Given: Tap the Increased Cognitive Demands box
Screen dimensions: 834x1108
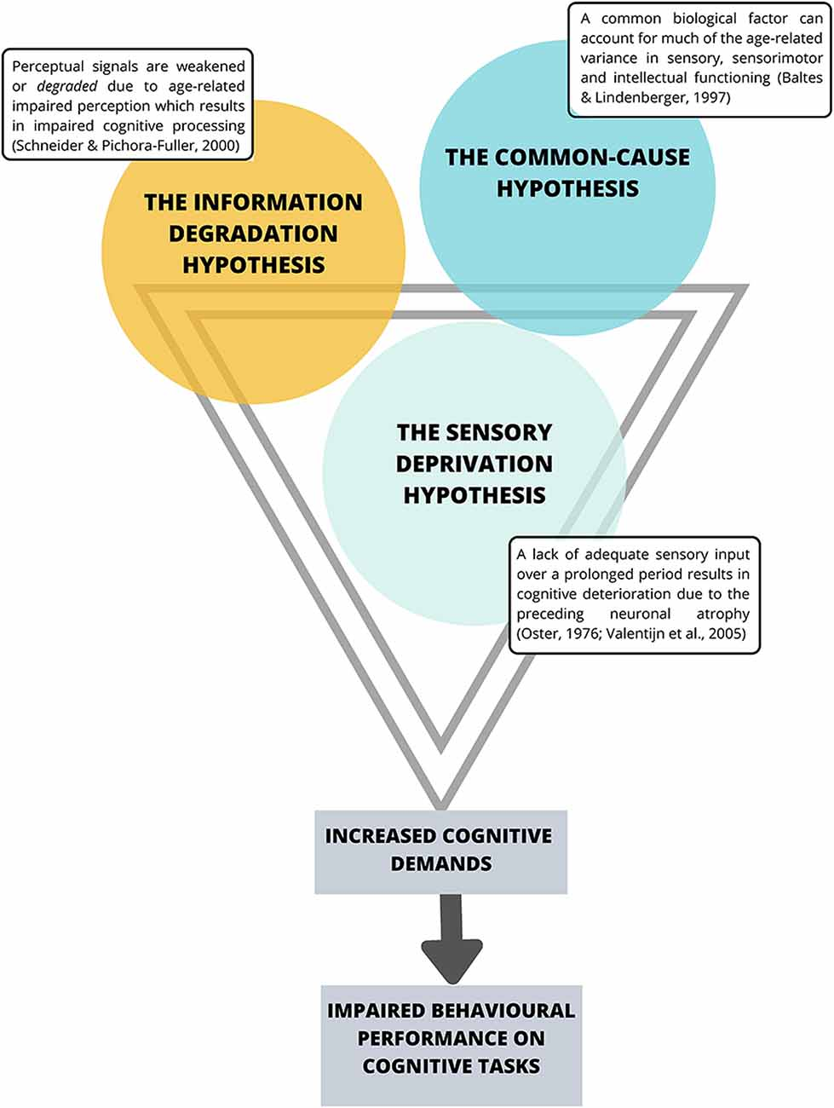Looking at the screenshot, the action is pos(441,852).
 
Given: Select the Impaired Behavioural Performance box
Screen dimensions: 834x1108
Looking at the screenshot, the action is pos(452,1046).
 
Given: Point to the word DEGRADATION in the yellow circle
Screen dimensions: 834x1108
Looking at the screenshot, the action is pos(253,234).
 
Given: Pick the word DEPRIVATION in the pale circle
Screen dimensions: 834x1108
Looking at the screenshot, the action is pos(475,464).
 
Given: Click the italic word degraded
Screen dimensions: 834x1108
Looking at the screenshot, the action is pos(67,86).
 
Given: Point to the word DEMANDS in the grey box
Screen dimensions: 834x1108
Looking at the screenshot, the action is pos(441,863).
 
